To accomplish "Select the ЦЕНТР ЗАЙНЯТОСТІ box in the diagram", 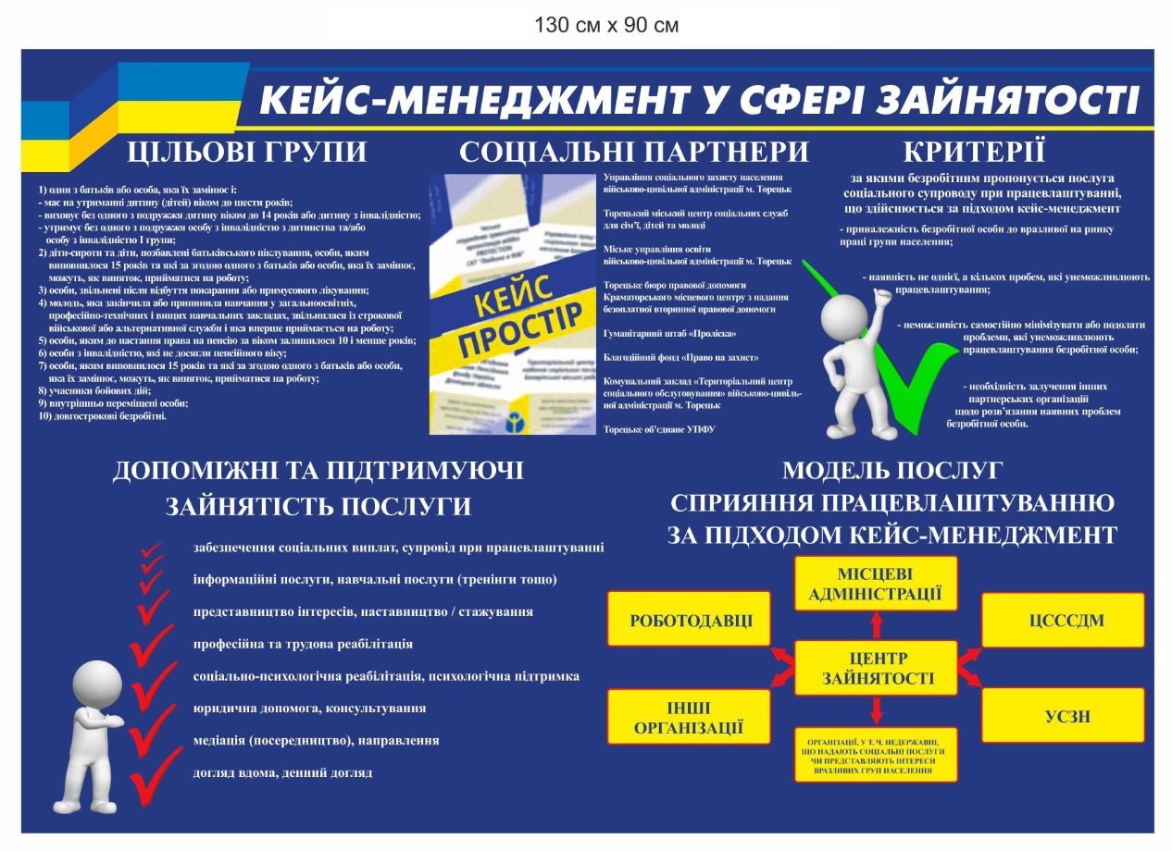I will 876,668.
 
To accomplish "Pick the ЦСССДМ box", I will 1063,620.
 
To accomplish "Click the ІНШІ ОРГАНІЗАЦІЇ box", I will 689,717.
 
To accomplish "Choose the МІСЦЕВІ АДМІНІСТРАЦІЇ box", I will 875,584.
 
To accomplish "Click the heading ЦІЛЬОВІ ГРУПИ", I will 247,152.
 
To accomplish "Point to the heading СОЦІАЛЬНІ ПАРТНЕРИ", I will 634,152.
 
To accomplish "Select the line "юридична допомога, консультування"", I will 310,709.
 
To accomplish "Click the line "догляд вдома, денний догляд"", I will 283,772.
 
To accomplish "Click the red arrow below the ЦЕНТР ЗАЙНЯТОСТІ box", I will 876,709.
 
